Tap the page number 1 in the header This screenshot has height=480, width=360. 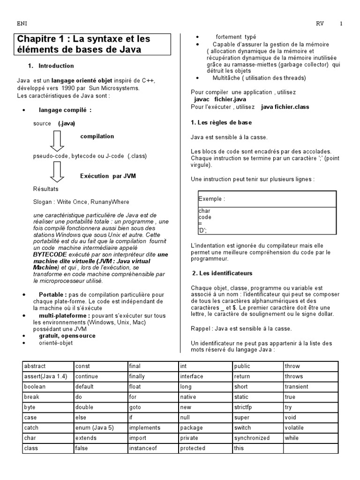341,24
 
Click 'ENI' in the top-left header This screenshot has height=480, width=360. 22,24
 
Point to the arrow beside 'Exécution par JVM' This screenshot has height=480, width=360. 57,172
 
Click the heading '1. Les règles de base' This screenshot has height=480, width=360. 221,122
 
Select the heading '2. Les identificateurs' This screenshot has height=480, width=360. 223,273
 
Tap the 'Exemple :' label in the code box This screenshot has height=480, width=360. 211,199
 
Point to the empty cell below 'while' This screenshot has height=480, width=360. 310,448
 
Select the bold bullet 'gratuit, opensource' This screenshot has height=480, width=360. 67,336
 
